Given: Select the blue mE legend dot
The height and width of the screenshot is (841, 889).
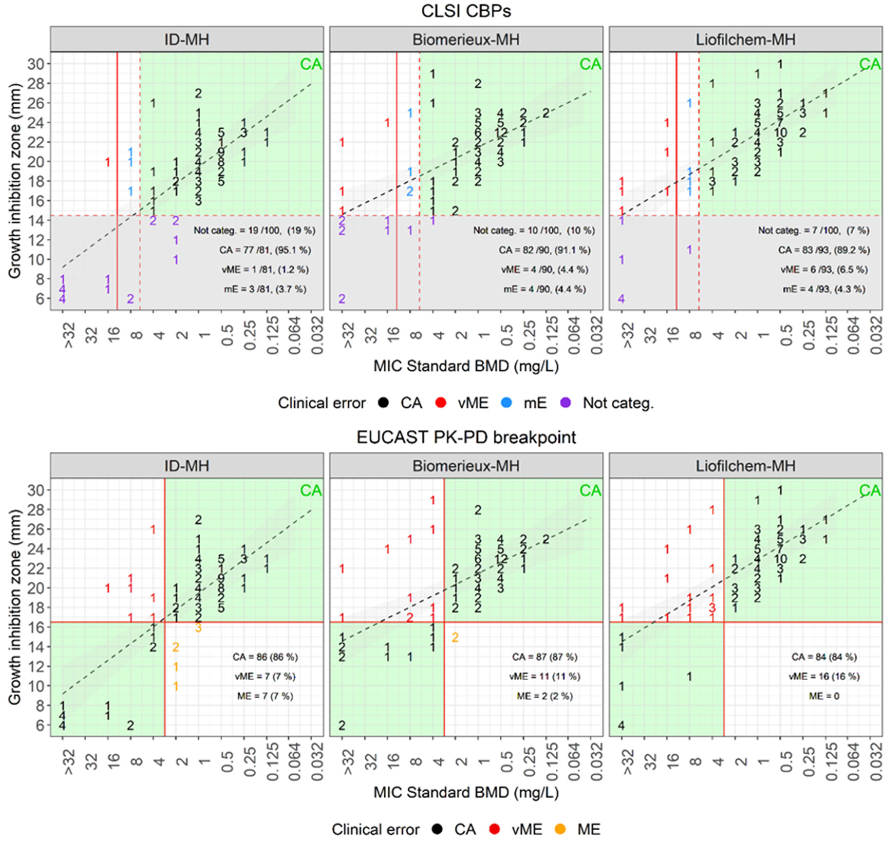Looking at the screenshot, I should click(507, 403).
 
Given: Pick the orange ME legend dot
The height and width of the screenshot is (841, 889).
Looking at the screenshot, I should click(561, 829).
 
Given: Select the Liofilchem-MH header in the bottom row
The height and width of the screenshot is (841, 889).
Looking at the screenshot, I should click(745, 466).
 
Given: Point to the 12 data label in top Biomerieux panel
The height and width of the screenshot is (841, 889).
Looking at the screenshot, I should click(501, 133).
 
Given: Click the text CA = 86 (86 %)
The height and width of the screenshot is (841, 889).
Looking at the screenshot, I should click(265, 657).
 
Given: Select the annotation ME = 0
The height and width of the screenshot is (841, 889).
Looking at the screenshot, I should click(824, 696).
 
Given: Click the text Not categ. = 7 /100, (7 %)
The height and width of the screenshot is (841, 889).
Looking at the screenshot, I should click(813, 230).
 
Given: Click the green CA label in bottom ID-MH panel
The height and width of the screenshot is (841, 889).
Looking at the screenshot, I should click(311, 490).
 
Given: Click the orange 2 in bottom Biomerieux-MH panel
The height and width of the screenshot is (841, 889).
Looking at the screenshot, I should click(455, 637).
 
